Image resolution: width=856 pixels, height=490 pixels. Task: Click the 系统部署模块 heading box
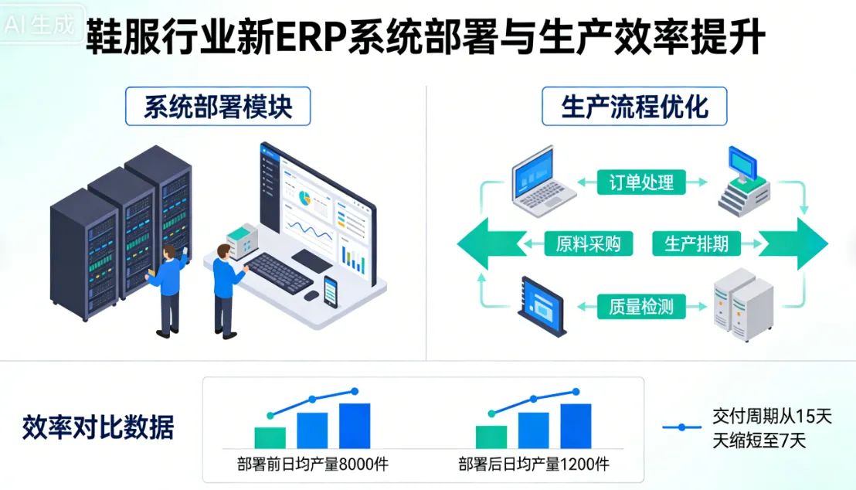pyautogui.click(x=218, y=107)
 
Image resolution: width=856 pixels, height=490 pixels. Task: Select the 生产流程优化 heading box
pyautogui.click(x=634, y=107)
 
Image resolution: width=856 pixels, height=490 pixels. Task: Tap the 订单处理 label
pyautogui.click(x=641, y=182)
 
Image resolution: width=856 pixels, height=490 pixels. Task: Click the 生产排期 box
pyautogui.click(x=696, y=244)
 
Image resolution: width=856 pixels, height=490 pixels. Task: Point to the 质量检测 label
pyautogui.click(x=641, y=307)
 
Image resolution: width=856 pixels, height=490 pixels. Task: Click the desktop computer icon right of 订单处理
pyautogui.click(x=745, y=182)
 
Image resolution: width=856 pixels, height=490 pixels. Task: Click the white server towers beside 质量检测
pyautogui.click(x=743, y=305)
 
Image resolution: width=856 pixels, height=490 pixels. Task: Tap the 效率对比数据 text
pyautogui.click(x=98, y=427)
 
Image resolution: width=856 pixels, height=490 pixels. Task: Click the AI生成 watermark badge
pyautogui.click(x=40, y=25)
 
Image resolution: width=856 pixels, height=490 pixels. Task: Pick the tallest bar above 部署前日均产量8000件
pyautogui.click(x=355, y=425)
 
